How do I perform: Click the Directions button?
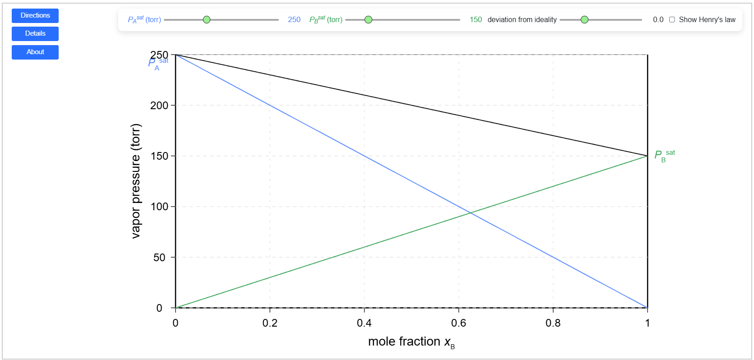35,15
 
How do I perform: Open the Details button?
35,33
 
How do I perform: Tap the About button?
35,52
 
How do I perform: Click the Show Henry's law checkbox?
672,19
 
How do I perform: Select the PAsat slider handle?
207,19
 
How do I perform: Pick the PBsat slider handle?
368,19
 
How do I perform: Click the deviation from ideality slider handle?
584,19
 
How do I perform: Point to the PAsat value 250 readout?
294,19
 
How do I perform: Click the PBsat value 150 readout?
476,19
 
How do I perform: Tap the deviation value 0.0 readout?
658,19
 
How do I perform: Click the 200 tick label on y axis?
159,106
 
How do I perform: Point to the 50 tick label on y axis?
159,258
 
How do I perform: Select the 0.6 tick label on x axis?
458,323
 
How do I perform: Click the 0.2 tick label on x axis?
270,323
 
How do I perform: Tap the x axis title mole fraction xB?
411,342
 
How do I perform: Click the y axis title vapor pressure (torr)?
136,180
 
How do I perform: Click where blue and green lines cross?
471,212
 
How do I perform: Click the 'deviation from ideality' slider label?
522,19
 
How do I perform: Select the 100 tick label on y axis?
159,207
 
